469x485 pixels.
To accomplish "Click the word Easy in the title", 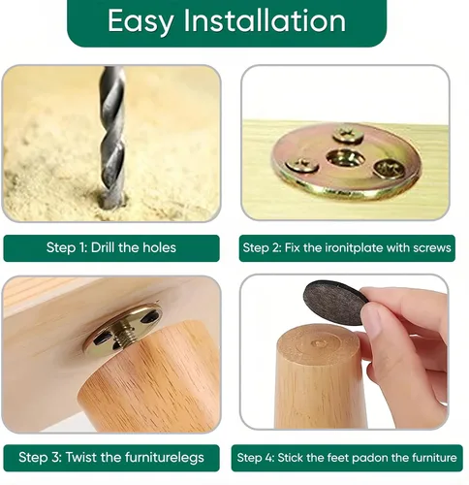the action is click(x=141, y=21).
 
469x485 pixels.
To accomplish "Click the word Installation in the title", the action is click(x=265, y=20).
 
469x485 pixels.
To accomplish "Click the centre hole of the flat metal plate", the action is click(x=345, y=158).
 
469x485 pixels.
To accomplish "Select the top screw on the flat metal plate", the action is click(x=348, y=135).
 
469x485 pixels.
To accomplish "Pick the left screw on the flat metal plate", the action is click(x=302, y=165).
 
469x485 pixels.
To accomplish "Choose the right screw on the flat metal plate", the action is click(x=389, y=169).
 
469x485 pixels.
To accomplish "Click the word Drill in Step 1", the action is click(x=103, y=247).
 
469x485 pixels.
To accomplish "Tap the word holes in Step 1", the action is click(x=160, y=247).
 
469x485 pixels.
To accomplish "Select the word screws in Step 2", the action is click(x=432, y=248).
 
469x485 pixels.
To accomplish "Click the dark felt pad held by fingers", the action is click(x=335, y=303).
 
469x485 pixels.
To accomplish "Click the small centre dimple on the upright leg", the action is click(x=320, y=342).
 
